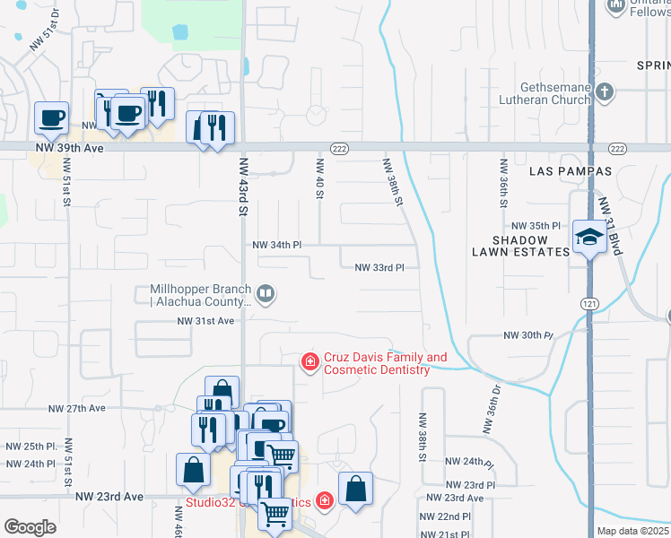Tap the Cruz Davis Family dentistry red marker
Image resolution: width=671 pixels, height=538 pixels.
click(x=309, y=361)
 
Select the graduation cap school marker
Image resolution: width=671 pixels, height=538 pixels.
click(x=588, y=238)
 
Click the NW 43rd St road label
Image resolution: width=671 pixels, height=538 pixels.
click(x=242, y=187)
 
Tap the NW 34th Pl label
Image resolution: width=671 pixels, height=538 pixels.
click(x=277, y=245)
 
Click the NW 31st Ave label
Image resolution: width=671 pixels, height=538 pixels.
click(x=205, y=320)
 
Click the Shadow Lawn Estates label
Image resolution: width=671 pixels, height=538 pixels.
click(x=533, y=247)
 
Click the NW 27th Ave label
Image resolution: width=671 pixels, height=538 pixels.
click(x=79, y=408)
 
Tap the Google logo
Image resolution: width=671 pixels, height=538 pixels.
click(x=30, y=526)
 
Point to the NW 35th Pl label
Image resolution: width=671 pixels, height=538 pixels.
click(x=536, y=226)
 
